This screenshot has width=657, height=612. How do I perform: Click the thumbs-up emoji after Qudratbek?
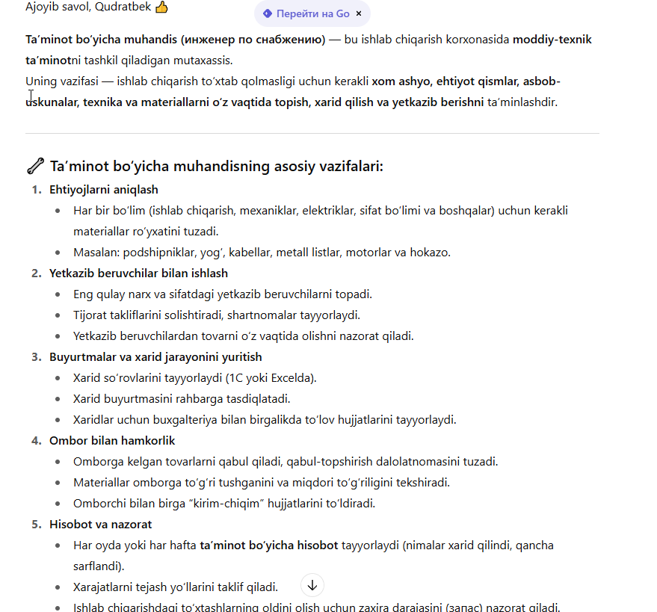tap(161, 7)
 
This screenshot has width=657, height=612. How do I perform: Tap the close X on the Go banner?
tap(359, 13)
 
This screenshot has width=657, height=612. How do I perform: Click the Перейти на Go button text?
tap(312, 13)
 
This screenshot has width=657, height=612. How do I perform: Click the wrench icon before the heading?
tap(34, 165)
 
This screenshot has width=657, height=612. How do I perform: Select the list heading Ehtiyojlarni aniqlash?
tap(104, 190)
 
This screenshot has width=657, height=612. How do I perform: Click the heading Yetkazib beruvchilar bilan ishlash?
tap(138, 273)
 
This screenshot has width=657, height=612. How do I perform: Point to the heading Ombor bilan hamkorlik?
tap(112, 441)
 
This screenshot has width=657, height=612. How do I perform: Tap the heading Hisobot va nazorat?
tap(100, 525)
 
